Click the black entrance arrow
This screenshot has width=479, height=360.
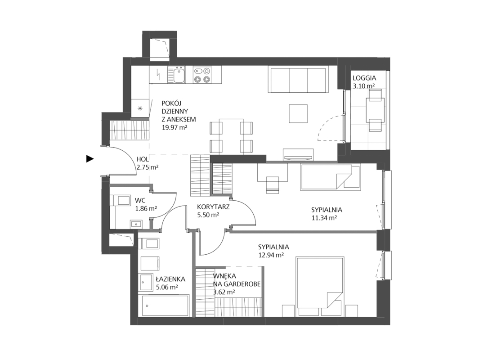(90, 159)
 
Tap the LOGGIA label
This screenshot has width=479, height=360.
(364, 78)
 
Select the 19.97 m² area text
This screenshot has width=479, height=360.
(174, 128)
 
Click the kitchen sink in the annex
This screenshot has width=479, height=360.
(176, 75)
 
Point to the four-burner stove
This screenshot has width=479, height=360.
(202, 75)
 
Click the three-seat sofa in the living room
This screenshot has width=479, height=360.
(299, 79)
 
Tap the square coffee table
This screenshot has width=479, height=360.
(299, 114)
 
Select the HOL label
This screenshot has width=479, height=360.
(143, 159)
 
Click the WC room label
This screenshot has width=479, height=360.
(140, 201)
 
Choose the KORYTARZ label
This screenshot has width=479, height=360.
(213, 207)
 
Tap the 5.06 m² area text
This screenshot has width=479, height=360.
(167, 287)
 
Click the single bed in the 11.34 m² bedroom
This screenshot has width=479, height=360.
(331, 177)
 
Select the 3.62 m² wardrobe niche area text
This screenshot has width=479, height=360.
(224, 292)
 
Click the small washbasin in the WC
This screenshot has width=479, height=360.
(136, 224)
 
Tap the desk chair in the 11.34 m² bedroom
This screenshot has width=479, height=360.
(273, 185)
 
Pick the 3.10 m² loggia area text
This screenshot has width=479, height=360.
(364, 86)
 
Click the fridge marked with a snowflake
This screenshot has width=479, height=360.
(140, 108)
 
